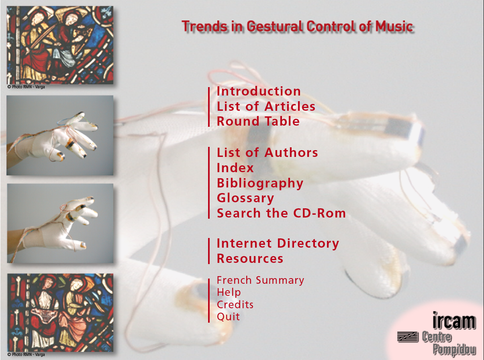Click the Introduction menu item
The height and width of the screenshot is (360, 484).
(259, 91)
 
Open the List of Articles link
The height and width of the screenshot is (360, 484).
(266, 106)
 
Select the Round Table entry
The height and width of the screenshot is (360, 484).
(258, 121)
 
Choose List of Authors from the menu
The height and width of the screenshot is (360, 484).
(268, 153)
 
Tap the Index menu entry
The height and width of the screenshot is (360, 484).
(235, 168)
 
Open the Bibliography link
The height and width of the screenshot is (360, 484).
(260, 183)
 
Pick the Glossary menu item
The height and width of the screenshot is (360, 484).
(245, 198)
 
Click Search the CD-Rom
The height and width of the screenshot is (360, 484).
(281, 213)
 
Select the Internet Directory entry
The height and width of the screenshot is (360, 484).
(278, 244)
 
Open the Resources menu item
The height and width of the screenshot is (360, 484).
(250, 258)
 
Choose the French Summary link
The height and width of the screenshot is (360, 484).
(260, 281)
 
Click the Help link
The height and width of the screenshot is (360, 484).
(229, 293)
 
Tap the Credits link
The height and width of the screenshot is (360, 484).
(235, 305)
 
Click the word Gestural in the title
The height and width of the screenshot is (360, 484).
(275, 26)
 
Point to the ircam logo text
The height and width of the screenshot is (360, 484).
(454, 320)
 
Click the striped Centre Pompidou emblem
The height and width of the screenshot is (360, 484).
(408, 337)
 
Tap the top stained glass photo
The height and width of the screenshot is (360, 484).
(60, 45)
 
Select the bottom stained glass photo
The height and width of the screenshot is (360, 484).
(60, 313)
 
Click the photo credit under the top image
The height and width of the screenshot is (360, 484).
(26, 87)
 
